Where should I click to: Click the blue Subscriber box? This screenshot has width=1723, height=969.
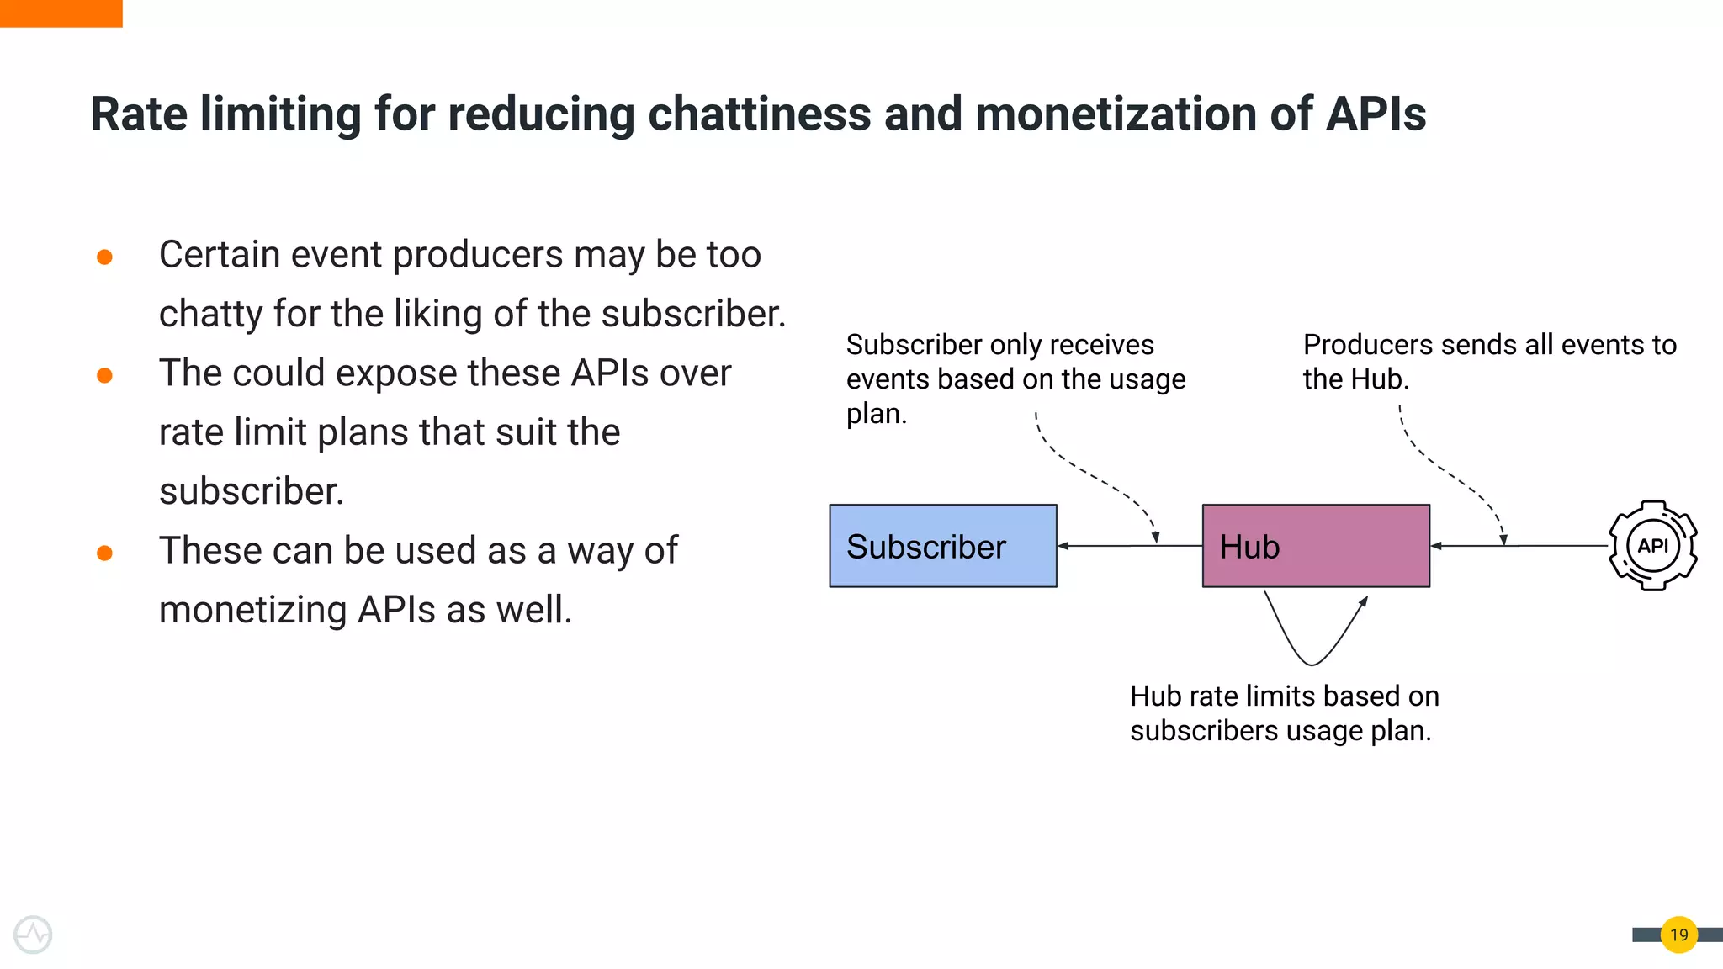(943, 546)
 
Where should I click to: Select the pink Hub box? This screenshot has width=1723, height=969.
(1316, 546)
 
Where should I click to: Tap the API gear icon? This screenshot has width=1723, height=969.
(1652, 546)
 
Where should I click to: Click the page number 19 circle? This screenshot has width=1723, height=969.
(1678, 935)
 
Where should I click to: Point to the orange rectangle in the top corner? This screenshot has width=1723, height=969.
(61, 13)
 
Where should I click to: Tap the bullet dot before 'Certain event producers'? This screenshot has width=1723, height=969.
(105, 257)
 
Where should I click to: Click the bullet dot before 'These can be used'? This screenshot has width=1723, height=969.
(105, 553)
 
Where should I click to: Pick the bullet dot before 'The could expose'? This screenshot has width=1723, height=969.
(105, 375)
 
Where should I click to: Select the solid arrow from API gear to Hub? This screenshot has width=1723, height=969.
(1519, 546)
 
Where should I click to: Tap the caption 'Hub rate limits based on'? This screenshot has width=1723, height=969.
(1284, 696)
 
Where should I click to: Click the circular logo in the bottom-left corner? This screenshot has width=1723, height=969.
(34, 935)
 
